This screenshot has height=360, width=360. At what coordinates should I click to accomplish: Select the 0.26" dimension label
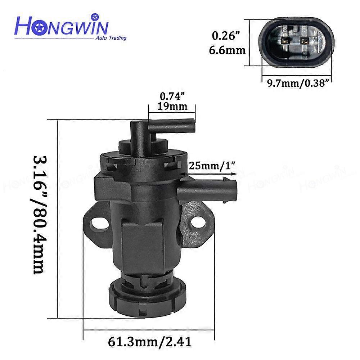225,36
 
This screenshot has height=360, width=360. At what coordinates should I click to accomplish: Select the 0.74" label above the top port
171,97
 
